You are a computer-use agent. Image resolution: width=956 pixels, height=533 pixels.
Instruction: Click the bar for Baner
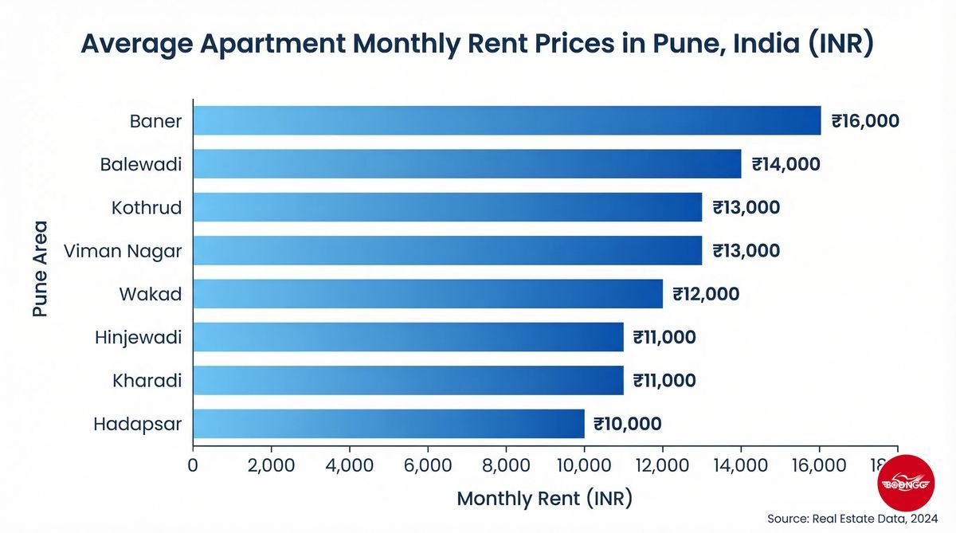coord(507,120)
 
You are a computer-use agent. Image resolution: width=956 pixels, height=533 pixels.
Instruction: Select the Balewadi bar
coord(467,164)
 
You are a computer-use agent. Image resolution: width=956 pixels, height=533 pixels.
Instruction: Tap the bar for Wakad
coord(428,293)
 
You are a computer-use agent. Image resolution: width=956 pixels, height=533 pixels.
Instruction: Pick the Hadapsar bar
coord(389,423)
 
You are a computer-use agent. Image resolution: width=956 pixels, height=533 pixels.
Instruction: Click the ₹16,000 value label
coord(865,121)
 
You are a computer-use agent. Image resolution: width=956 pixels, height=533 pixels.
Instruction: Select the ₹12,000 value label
coord(706,294)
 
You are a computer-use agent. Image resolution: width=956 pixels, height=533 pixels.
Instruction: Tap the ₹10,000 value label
coord(628,424)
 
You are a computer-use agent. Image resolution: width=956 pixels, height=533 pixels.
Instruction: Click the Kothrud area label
coord(147,208)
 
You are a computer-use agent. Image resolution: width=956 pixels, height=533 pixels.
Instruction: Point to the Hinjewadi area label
coord(138,338)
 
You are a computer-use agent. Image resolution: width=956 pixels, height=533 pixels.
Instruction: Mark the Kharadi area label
coord(147,381)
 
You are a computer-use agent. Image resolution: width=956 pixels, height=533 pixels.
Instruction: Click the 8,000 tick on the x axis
coord(506,464)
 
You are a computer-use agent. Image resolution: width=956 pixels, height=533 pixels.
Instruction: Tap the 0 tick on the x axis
coord(193,464)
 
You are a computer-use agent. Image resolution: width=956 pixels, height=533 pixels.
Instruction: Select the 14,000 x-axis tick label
coord(741,464)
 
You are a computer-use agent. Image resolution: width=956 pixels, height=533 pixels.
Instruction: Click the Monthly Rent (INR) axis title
coord(544,500)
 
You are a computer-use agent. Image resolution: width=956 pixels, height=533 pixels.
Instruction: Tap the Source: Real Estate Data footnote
coord(853,519)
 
